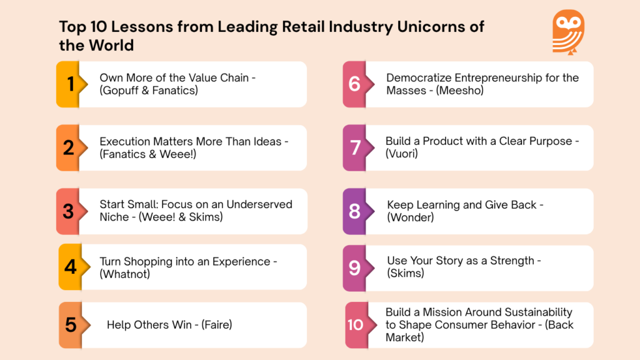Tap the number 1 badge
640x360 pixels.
69,84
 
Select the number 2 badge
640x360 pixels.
69,147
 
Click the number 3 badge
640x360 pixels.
69,211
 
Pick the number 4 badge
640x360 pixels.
71,267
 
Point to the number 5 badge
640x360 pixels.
71,325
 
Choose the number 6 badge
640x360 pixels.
354,84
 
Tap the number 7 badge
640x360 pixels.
355,147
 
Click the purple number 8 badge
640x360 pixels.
354,211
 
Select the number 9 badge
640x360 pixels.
354,268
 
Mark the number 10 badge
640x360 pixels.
355,325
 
